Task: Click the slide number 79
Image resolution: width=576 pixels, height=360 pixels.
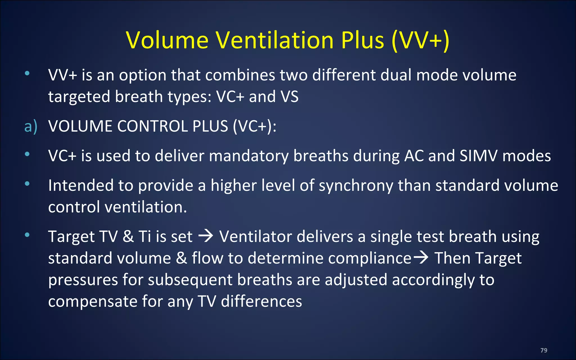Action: (x=544, y=350)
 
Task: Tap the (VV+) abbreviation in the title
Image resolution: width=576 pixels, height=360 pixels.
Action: (x=420, y=40)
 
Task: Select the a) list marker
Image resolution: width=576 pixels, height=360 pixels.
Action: (x=31, y=126)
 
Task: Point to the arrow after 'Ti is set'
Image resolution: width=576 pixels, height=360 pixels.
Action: (x=206, y=236)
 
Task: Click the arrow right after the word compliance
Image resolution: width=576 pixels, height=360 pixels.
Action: (x=420, y=258)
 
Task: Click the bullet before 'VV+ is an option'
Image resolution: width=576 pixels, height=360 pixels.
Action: (x=27, y=73)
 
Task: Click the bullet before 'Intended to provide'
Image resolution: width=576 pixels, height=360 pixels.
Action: (x=27, y=184)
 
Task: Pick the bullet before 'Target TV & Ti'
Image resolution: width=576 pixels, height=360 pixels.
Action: (x=27, y=235)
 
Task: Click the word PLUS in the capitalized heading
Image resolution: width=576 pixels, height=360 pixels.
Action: (x=210, y=126)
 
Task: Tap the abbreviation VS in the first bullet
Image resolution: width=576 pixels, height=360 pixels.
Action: (x=289, y=97)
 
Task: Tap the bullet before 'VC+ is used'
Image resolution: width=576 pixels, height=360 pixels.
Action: (x=27, y=154)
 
